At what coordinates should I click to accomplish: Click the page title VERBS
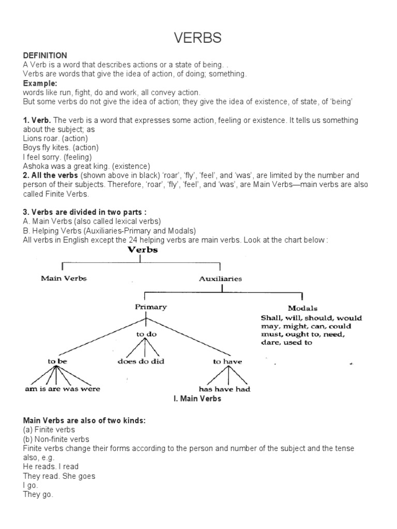[x=198, y=38]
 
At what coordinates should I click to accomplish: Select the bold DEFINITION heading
[x=45, y=55]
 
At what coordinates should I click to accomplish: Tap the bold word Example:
[x=40, y=83]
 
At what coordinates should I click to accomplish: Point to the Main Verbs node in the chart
[x=64, y=278]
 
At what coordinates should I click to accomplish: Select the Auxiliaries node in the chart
[x=220, y=278]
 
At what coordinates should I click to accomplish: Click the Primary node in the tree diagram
[x=151, y=307]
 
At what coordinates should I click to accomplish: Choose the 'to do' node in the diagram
[x=146, y=334]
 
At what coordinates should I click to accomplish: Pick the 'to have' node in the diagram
[x=227, y=362]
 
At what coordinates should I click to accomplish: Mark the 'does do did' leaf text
[x=141, y=362]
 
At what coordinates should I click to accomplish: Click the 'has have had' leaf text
[x=225, y=389]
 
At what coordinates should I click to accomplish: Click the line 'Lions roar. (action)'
[x=55, y=138]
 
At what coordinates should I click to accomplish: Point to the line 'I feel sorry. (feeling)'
[x=57, y=157]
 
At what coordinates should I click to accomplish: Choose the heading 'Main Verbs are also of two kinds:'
[x=84, y=421]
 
